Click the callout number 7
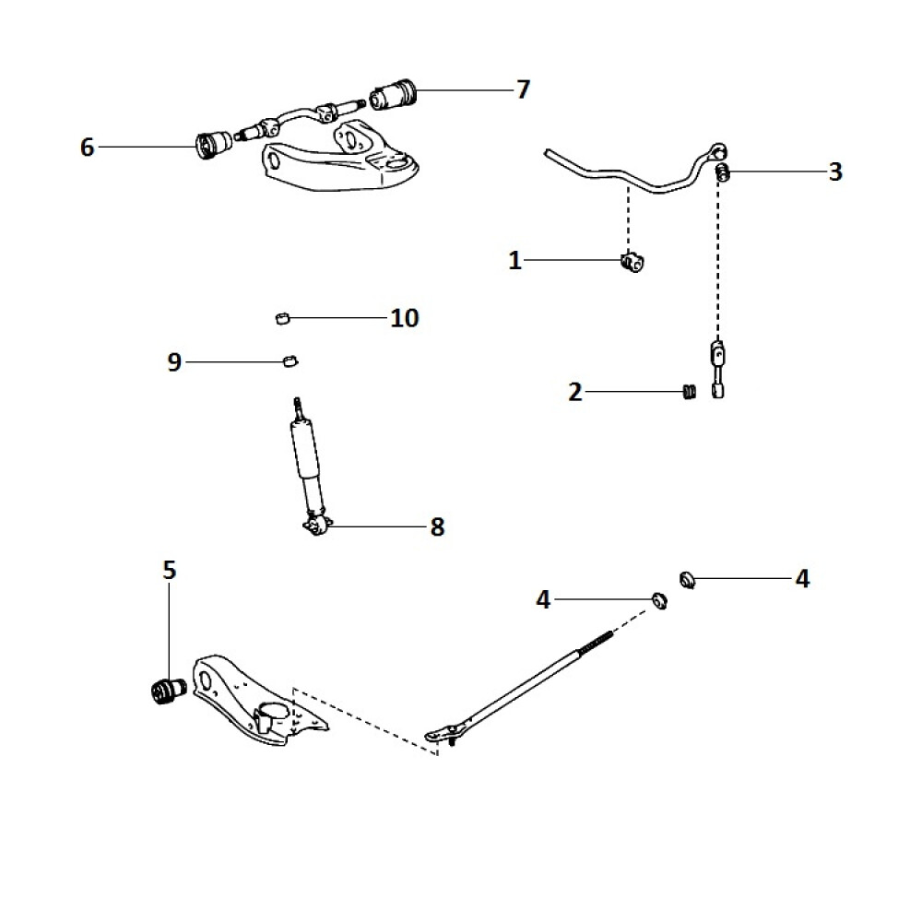(523, 89)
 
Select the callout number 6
(88, 147)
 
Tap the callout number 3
(834, 171)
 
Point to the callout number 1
(515, 261)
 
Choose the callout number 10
(404, 318)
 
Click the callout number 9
(174, 362)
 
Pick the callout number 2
(575, 393)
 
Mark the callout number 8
(437, 527)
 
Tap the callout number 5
(169, 571)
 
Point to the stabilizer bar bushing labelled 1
(632, 263)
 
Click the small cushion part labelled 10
(283, 319)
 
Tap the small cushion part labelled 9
(290, 359)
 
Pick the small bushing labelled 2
(686, 393)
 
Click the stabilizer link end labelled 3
(723, 171)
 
